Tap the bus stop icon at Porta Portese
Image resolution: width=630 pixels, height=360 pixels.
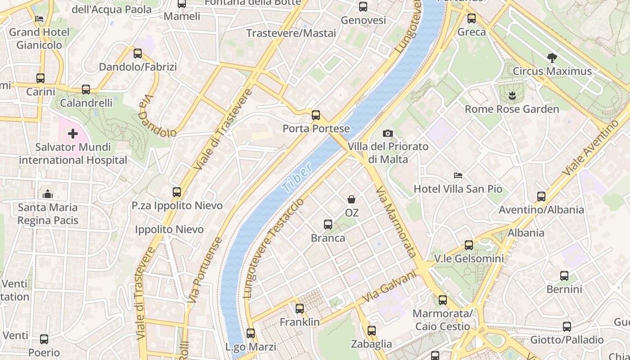pyautogui.click(x=316, y=115)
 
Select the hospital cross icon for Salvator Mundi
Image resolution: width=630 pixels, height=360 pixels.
pyautogui.click(x=73, y=134)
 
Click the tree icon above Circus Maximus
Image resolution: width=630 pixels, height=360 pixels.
pyautogui.click(x=552, y=58)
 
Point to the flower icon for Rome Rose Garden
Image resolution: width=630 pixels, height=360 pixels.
pyautogui.click(x=512, y=95)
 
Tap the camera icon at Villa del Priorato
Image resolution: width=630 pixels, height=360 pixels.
pyautogui.click(x=387, y=133)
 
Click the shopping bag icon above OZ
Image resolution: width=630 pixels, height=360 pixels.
pyautogui.click(x=351, y=199)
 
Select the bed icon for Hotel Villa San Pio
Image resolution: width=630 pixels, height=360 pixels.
pyautogui.click(x=458, y=175)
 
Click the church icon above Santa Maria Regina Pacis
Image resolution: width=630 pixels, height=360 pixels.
pyautogui.click(x=47, y=194)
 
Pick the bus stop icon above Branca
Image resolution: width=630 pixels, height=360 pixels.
pyautogui.click(x=328, y=224)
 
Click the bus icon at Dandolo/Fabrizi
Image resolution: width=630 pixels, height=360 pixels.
pyautogui.click(x=138, y=54)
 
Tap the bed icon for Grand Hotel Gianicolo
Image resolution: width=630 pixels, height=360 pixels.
pyautogui.click(x=39, y=19)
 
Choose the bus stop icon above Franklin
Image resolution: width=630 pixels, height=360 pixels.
pyautogui.click(x=300, y=309)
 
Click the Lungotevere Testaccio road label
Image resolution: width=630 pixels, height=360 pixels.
pyautogui.click(x=273, y=248)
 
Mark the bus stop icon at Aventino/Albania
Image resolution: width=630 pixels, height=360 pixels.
pyautogui.click(x=541, y=196)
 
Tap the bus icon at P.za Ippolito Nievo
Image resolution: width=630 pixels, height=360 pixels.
pyautogui.click(x=177, y=192)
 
